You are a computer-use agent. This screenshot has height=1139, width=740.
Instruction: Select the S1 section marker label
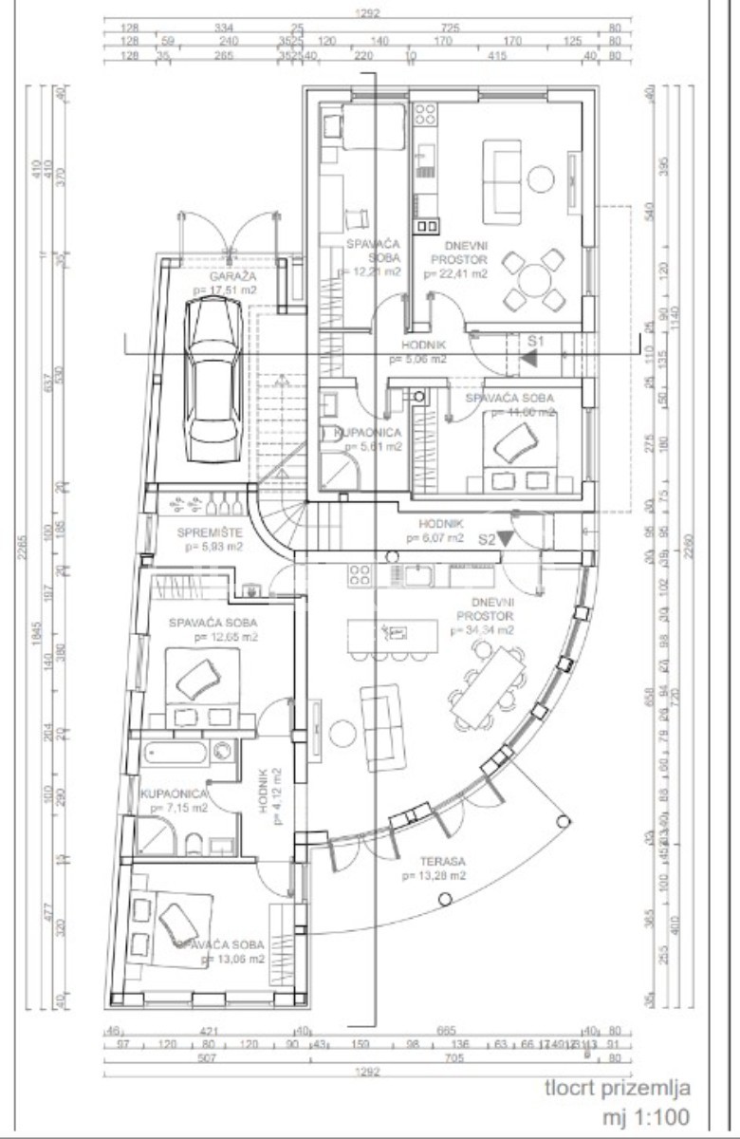[537, 340]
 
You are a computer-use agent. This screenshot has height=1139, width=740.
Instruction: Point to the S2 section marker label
[488, 538]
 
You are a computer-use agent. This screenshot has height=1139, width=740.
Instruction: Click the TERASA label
[438, 861]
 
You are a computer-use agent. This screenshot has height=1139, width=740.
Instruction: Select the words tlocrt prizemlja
[618, 1088]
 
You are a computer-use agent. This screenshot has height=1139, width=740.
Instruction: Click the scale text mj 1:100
[648, 1116]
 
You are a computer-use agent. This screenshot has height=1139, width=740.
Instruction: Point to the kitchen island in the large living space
[393, 631]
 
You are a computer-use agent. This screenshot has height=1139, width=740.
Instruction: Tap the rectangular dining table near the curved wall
[488, 682]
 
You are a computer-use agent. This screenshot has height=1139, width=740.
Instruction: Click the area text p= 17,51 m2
[225, 290]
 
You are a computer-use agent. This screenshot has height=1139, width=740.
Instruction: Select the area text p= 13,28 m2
[433, 876]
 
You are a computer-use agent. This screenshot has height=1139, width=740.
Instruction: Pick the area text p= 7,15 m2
[174, 809]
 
